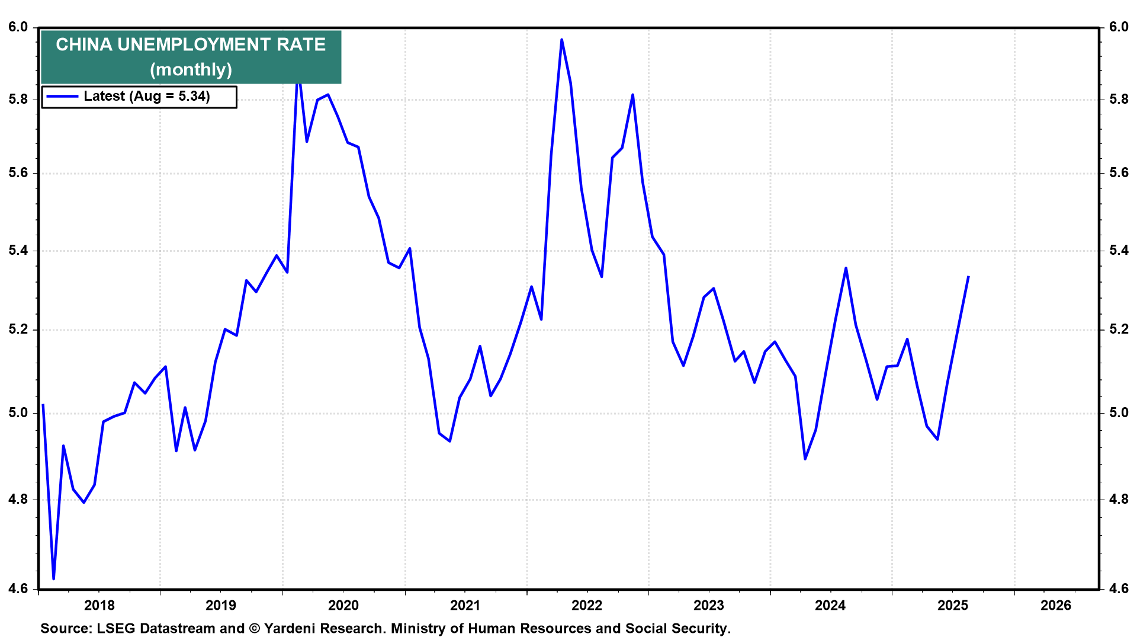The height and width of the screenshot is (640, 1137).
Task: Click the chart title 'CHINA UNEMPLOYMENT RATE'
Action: (191, 45)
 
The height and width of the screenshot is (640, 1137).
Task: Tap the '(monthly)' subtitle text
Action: (191, 70)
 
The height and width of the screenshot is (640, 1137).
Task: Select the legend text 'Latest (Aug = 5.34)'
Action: (147, 97)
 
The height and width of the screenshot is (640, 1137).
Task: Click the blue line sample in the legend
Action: (62, 97)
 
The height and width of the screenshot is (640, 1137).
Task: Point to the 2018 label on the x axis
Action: (99, 605)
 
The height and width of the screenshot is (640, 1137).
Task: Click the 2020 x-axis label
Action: (343, 605)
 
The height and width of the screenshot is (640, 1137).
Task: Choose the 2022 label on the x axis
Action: (587, 605)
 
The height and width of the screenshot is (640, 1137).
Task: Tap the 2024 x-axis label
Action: (830, 605)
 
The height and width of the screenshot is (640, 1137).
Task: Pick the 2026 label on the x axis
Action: (1056, 605)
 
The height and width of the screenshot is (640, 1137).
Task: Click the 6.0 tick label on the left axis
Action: (18, 27)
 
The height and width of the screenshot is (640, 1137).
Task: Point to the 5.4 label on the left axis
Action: (18, 251)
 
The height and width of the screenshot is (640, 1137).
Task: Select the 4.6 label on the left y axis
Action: (18, 588)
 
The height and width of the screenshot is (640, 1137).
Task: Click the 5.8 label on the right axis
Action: (1119, 100)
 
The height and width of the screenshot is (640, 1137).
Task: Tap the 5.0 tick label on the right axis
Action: (1119, 413)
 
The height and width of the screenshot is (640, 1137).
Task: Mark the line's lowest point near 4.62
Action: (54, 578)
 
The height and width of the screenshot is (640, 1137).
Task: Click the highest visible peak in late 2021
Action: (561, 40)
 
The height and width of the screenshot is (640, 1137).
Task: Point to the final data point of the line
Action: (968, 277)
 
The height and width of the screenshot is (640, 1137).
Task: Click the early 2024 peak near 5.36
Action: (846, 268)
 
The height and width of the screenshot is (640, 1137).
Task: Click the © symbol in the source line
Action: (255, 629)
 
